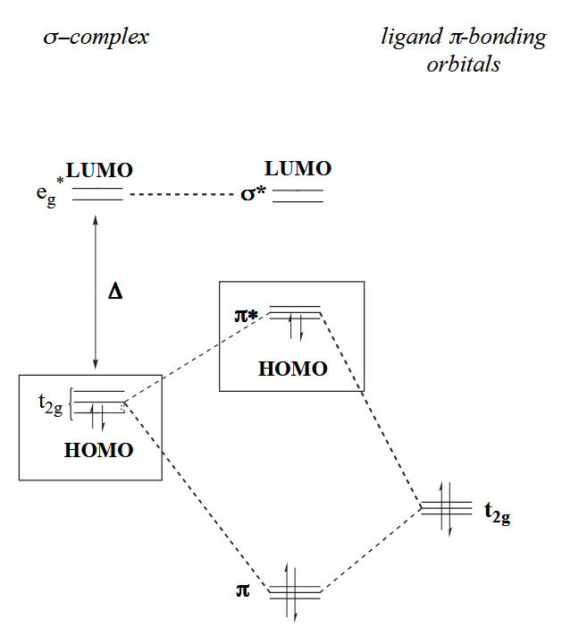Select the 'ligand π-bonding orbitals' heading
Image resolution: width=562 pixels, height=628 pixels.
[462, 51]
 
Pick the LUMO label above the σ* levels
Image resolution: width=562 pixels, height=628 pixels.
[298, 168]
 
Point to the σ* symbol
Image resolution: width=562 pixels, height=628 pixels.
[254, 193]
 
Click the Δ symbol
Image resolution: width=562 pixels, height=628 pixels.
[114, 291]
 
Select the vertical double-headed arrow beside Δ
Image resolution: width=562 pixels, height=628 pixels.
[96, 291]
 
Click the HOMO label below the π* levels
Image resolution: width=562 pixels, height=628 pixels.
[291, 369]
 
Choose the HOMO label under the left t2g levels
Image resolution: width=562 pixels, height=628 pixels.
[98, 450]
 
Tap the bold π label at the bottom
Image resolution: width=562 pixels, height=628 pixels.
[242, 590]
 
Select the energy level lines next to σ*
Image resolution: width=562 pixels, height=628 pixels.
[298, 195]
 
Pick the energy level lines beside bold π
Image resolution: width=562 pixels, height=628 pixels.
[294, 590]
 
